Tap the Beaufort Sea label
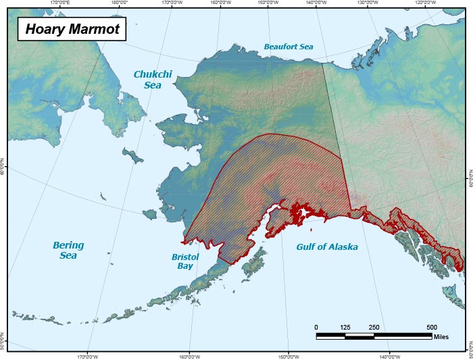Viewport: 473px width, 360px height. click(289, 47)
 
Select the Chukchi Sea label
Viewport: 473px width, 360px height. click(155, 80)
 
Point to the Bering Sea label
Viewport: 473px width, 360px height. click(68, 250)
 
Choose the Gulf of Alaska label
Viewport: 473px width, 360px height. click(326, 247)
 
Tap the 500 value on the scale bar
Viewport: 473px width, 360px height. click(431, 327)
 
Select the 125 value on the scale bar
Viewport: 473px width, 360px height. click(345, 327)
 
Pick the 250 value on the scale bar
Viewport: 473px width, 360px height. click(374, 327)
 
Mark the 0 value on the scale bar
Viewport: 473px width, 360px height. click(316, 327)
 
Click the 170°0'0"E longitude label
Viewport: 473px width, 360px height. click(61, 3)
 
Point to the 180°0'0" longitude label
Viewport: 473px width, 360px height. click(119, 3)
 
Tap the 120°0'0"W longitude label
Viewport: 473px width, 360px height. click(425, 3)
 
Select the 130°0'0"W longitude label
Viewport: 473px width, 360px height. click(367, 3)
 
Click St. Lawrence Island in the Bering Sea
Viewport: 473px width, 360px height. click(133, 156)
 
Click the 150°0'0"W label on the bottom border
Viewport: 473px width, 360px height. click(289, 357)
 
